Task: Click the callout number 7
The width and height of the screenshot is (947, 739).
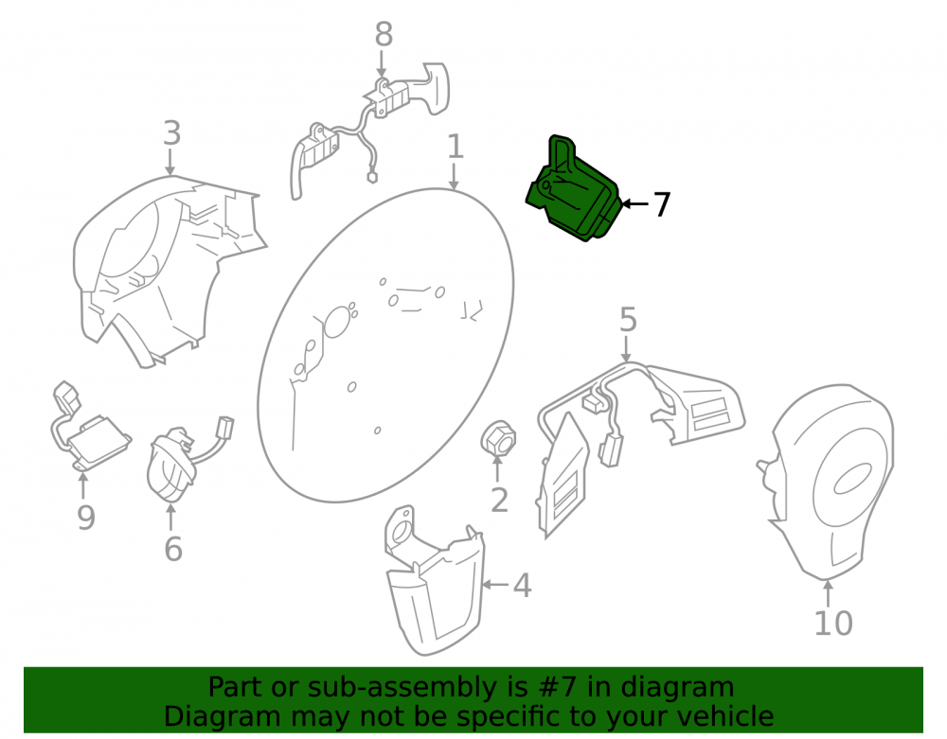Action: pyautogui.click(x=662, y=204)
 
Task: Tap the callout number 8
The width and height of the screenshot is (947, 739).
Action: pyautogui.click(x=384, y=34)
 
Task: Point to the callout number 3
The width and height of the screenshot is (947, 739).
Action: pyautogui.click(x=172, y=132)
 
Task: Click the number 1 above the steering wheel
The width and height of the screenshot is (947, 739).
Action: pyautogui.click(x=456, y=147)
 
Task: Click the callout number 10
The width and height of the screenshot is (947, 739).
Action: pyautogui.click(x=833, y=624)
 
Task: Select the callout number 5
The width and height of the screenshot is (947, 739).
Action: pyautogui.click(x=628, y=319)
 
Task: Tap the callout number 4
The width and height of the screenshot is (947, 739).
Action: pyautogui.click(x=522, y=586)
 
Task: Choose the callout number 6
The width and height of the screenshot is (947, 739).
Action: pyautogui.click(x=173, y=549)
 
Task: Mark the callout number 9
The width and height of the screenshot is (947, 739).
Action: pyautogui.click(x=86, y=518)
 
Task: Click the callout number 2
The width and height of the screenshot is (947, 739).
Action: pyautogui.click(x=499, y=501)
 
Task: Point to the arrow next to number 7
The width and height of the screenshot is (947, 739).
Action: pyautogui.click(x=634, y=203)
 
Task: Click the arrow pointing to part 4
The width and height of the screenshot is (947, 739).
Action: pyautogui.click(x=495, y=584)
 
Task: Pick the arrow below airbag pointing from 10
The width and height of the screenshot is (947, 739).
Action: pyautogui.click(x=828, y=592)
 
